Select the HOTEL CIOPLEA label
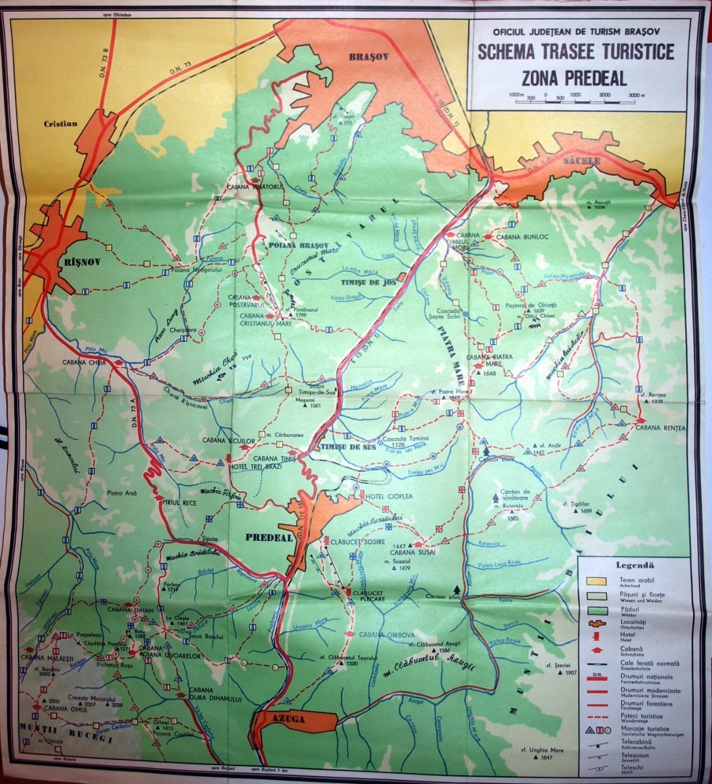pyautogui.click(x=386, y=495)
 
